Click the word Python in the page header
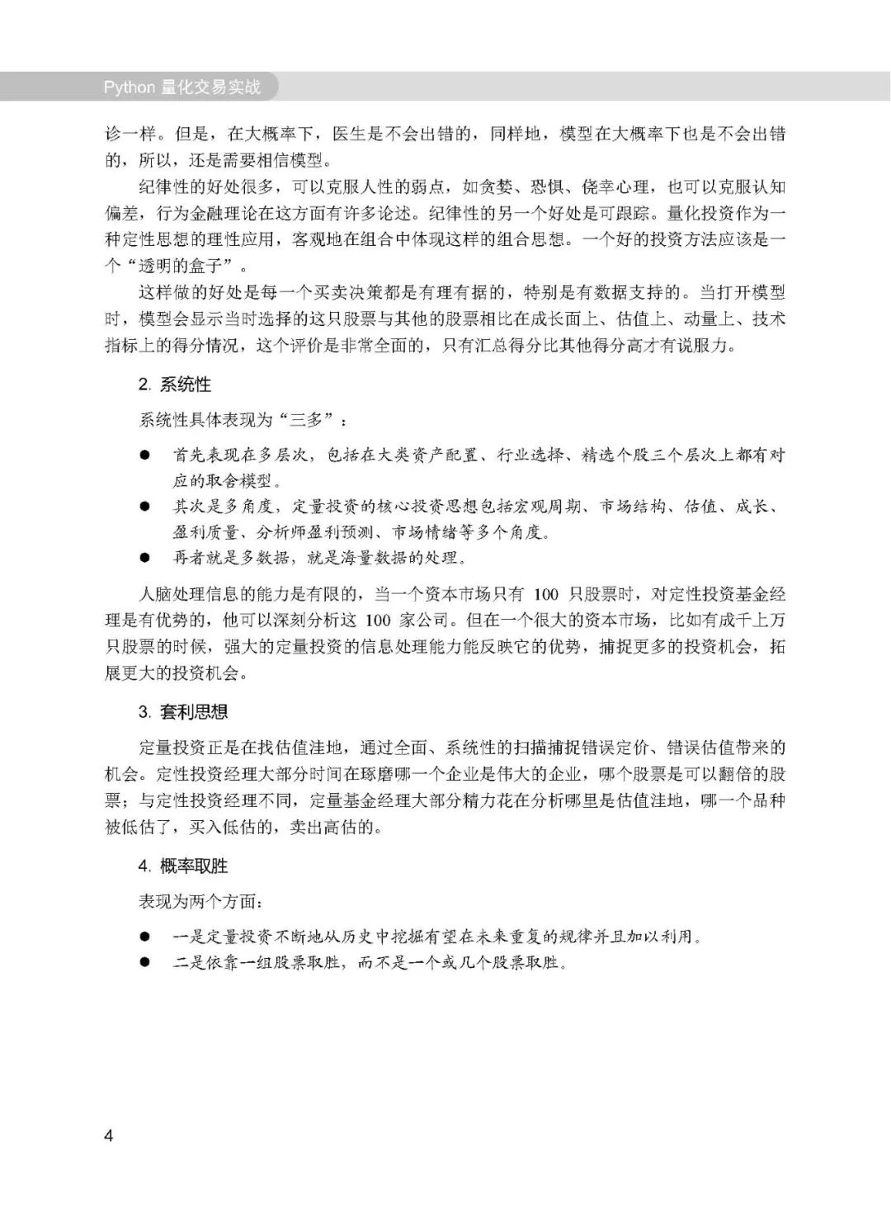(x=129, y=87)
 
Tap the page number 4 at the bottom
(x=109, y=1135)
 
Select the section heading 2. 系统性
(x=174, y=385)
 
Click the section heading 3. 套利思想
(x=182, y=712)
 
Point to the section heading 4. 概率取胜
(x=182, y=866)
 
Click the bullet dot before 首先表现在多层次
(x=144, y=455)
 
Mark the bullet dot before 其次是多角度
(x=144, y=506)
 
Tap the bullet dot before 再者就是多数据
(x=144, y=558)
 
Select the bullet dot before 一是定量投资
(x=144, y=937)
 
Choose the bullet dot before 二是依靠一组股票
(x=144, y=963)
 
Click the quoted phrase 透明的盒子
(x=185, y=266)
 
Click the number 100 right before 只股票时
(x=546, y=595)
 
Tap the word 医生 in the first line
(x=348, y=134)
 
